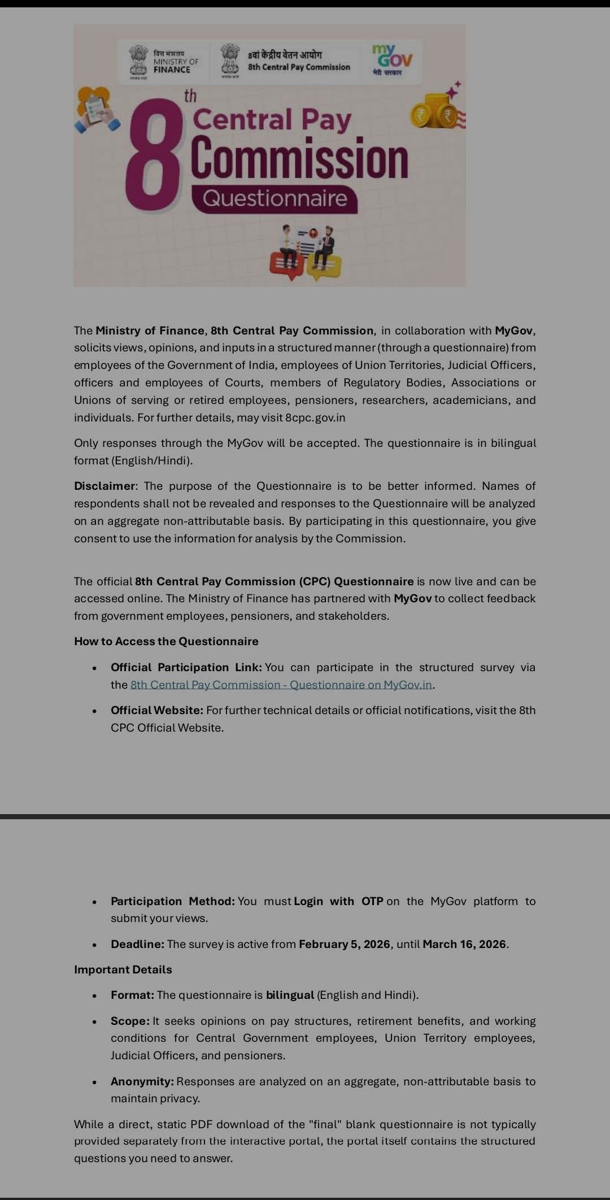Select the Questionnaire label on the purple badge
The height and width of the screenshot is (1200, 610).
point(274,199)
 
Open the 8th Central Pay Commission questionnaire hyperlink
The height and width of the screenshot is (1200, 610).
point(281,685)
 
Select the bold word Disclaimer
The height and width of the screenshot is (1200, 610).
point(104,486)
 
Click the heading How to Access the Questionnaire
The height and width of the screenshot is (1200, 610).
point(166,641)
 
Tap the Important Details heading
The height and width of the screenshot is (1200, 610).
point(123,969)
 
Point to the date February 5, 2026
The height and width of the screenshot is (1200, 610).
point(345,944)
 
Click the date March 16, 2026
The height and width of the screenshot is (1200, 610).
point(464,944)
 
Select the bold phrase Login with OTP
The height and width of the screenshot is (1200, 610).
point(338,901)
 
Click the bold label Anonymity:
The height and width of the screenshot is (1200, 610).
point(142,1081)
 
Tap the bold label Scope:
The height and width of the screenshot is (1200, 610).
point(130,1021)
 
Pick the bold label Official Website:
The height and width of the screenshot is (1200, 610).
point(157,710)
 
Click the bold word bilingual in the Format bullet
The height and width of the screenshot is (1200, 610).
point(290,995)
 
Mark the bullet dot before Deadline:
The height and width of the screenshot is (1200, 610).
point(95,945)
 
